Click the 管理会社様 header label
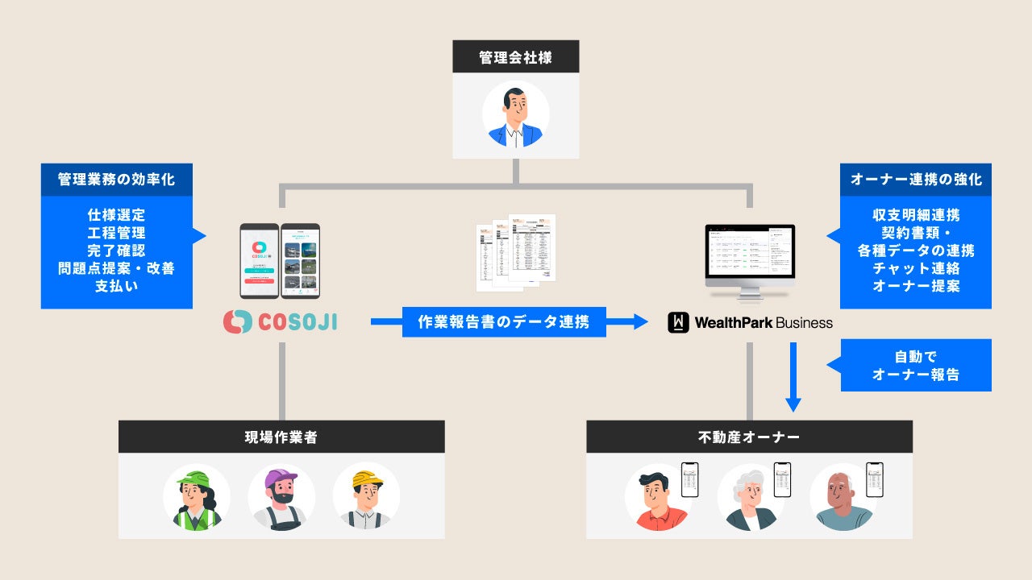516,58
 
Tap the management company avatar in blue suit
516,114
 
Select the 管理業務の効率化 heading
117,180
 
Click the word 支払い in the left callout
117,286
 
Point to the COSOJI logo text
298,322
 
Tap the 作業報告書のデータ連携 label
504,322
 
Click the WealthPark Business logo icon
678,323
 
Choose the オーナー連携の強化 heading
916,180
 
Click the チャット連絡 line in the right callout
916,268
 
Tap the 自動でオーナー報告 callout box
916,365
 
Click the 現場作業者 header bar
281,437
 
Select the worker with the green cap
196,497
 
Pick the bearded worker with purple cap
281,497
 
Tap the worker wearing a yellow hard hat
366,497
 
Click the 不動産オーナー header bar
749,437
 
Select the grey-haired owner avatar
751,497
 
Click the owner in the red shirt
658,498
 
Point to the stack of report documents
516,251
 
